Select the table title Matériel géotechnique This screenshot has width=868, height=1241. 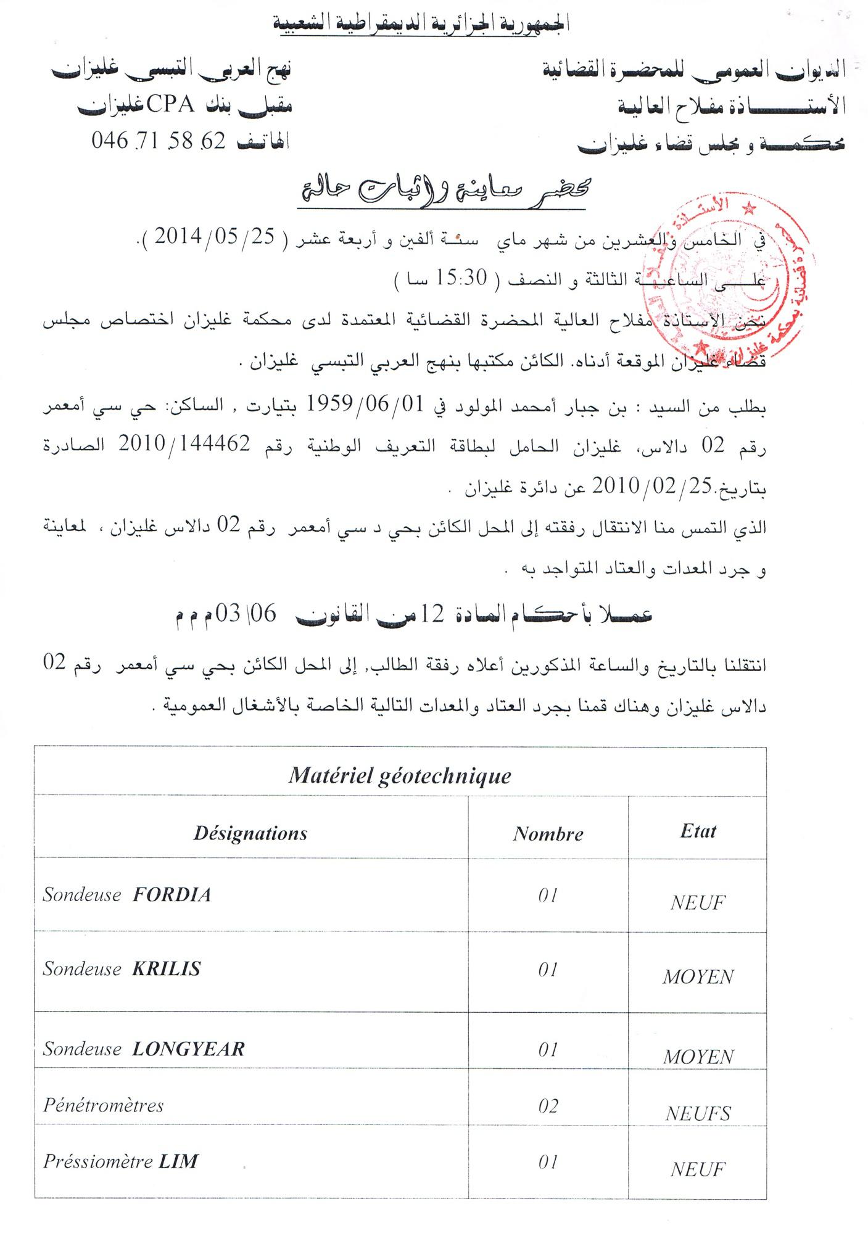(400, 775)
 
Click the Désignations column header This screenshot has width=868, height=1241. (250, 833)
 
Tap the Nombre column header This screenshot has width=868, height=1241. (548, 834)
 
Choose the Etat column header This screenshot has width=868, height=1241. (698, 831)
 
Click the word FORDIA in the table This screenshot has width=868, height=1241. (172, 894)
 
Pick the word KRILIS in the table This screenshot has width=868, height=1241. (167, 968)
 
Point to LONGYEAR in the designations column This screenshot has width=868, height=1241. (188, 1049)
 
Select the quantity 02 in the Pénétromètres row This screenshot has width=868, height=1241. (548, 1105)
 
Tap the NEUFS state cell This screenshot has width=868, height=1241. (698, 1113)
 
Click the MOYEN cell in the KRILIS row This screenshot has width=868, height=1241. (698, 977)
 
